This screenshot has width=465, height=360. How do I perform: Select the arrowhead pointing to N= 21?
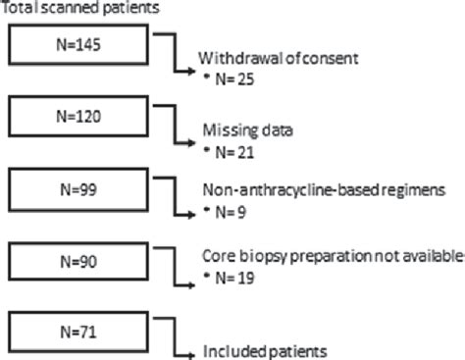(x=191, y=143)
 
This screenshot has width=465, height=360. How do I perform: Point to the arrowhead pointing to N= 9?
(x=191, y=213)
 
